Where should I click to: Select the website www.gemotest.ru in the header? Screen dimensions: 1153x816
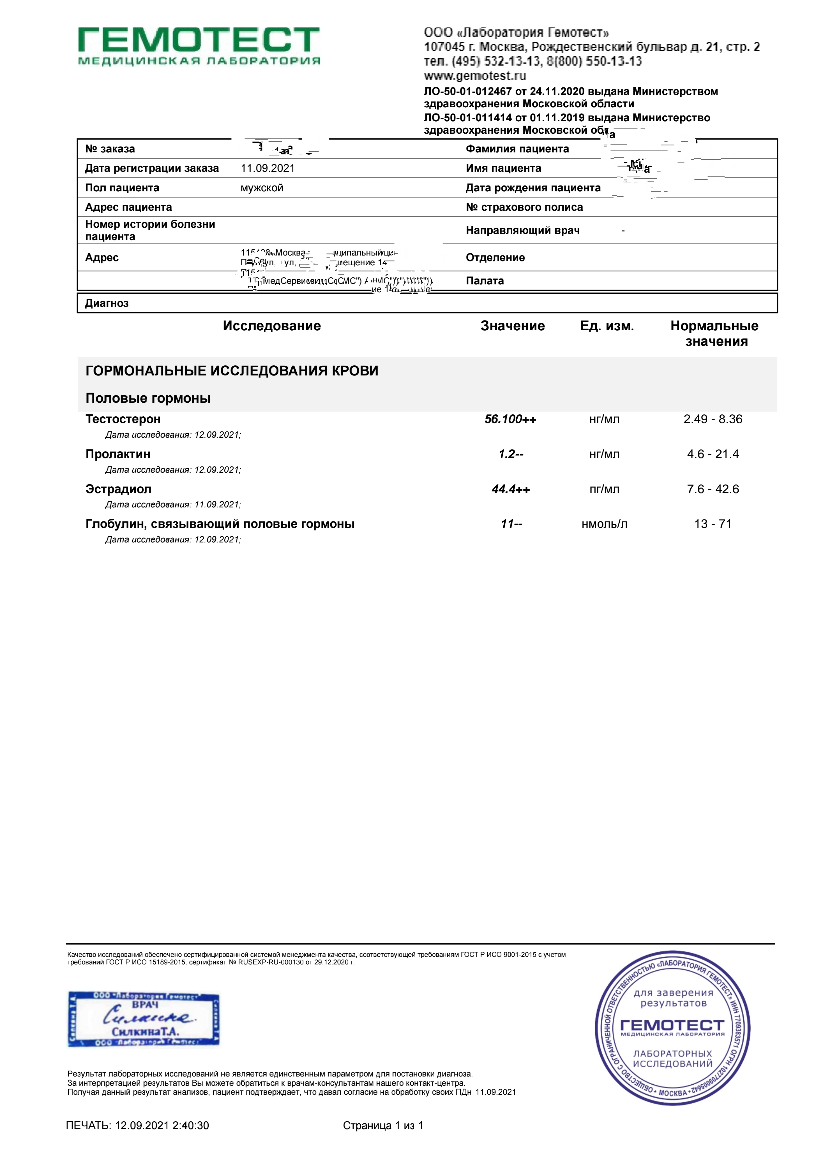click(475, 76)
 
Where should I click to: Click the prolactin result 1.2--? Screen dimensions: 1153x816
click(511, 454)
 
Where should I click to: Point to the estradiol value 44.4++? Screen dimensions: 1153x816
click(511, 489)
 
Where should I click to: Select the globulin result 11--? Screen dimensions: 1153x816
click(511, 524)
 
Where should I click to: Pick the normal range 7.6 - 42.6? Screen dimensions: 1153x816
click(713, 489)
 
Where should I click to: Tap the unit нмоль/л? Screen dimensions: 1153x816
click(605, 524)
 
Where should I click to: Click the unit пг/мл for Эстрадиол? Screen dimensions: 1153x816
click(605, 489)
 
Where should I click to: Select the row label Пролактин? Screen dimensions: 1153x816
click(117, 454)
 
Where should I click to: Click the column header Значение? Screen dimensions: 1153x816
click(513, 326)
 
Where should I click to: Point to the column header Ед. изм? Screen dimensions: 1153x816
click(607, 326)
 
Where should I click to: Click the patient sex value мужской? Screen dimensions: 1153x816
click(262, 188)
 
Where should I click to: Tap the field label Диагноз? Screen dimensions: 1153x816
click(107, 303)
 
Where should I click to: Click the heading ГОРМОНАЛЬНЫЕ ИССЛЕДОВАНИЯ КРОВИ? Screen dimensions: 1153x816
click(232, 371)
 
